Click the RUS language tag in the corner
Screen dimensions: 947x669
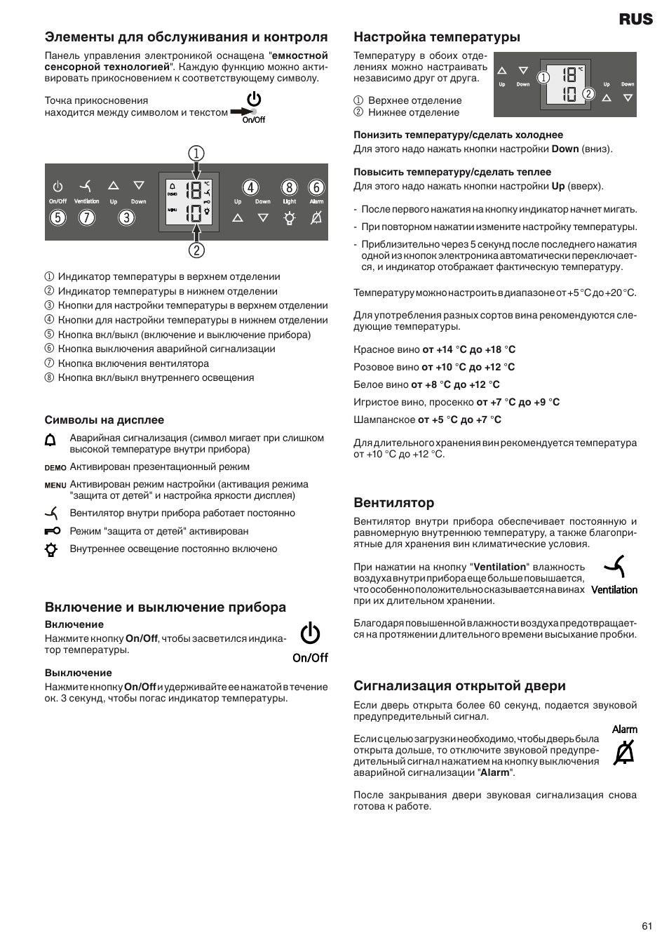click(635, 20)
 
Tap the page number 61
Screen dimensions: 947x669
click(647, 926)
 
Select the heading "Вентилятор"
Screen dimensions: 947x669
click(393, 503)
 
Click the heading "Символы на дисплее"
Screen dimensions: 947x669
click(104, 420)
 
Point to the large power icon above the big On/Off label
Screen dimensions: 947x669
click(310, 633)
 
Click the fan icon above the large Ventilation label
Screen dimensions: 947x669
click(615, 567)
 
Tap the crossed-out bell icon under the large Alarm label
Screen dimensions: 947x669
click(623, 753)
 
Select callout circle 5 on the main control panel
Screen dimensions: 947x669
click(58, 217)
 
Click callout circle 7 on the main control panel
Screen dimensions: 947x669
click(86, 217)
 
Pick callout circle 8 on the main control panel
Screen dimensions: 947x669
click(289, 187)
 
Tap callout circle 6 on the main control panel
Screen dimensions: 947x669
click(316, 187)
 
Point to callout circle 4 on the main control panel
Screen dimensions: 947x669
click(250, 187)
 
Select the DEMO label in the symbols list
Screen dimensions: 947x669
click(55, 468)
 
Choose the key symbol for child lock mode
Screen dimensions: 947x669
click(52, 531)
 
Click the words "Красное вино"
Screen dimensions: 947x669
click(386, 349)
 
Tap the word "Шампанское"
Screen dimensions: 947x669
click(384, 419)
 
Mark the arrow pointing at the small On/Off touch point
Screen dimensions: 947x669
click(242, 111)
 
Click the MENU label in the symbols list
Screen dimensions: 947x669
click(55, 485)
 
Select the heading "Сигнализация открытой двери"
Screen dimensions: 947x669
click(459, 686)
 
